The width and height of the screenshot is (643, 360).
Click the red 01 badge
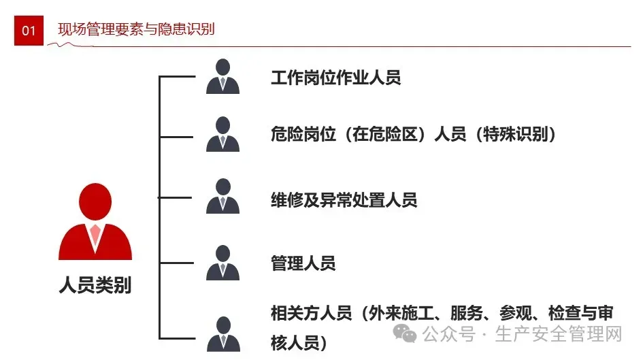pyautogui.click(x=29, y=31)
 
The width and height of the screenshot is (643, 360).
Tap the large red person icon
pyautogui.click(x=95, y=221)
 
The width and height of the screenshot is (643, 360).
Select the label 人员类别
pyautogui.click(x=95, y=285)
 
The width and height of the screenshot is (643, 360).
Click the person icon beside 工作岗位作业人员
pyautogui.click(x=222, y=76)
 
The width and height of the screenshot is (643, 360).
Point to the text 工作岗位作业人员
pyautogui.click(x=335, y=78)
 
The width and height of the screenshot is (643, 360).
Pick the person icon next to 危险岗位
pyautogui.click(x=222, y=134)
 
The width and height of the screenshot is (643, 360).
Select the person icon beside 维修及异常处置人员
pyautogui.click(x=222, y=197)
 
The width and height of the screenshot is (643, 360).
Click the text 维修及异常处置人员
pyautogui.click(x=344, y=200)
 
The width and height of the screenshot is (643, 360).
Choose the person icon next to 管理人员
pyautogui.click(x=222, y=263)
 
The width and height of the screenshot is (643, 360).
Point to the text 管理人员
pyautogui.click(x=303, y=263)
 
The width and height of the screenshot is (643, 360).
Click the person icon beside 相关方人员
pyautogui.click(x=222, y=333)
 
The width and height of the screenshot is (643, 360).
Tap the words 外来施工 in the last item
pyautogui.click(x=401, y=314)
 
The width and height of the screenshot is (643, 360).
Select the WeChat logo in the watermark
pyautogui.click(x=407, y=334)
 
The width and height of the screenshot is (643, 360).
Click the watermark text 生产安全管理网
pyautogui.click(x=559, y=335)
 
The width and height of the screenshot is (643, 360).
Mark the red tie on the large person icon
pyautogui.click(x=95, y=235)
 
